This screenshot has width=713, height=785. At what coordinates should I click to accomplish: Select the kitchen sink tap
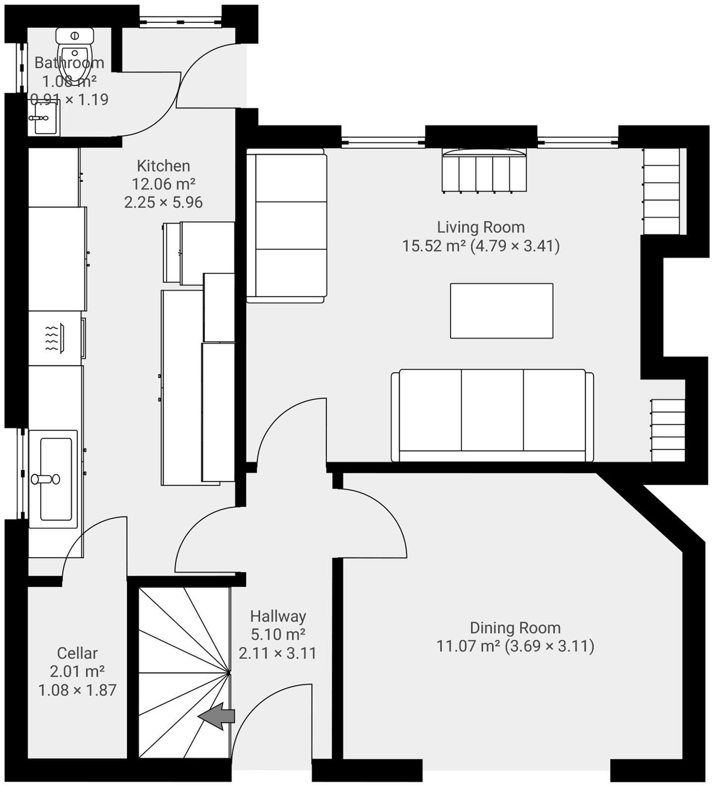tap(45, 479)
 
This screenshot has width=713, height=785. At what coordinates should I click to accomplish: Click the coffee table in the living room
tap(501, 311)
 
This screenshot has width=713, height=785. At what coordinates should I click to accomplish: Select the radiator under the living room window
tap(484, 171)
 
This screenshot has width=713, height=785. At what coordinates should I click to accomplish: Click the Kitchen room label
tap(163, 166)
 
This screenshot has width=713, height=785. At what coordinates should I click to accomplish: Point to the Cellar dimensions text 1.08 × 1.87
tap(77, 690)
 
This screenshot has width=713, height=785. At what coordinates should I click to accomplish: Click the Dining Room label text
tap(515, 627)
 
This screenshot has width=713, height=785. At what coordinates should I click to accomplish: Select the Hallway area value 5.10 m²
tap(278, 634)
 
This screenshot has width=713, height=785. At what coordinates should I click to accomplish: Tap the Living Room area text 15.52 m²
tap(434, 246)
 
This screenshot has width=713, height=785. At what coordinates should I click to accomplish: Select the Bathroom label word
tap(69, 62)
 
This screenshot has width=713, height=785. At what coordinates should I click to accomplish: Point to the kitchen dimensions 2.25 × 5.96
tap(163, 202)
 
